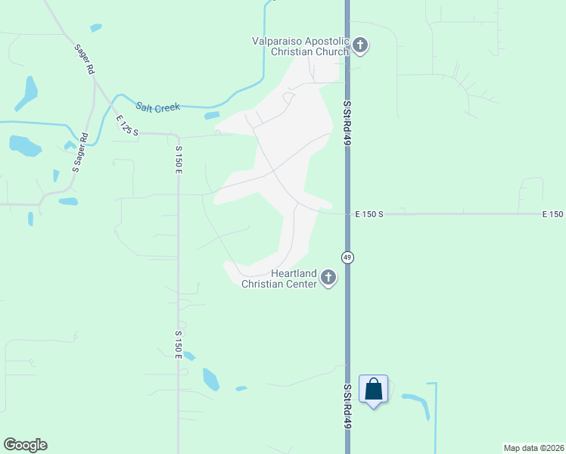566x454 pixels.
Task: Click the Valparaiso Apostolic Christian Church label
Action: click(300, 46)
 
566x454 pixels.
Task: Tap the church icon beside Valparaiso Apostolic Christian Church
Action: click(360, 46)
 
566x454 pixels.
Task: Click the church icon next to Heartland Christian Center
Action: click(328, 278)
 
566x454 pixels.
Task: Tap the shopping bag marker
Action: click(374, 390)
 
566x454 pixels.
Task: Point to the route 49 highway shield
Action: click(347, 257)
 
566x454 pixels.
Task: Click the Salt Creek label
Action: click(157, 107)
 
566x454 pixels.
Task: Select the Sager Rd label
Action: click(84, 58)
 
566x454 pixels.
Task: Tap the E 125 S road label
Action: click(128, 126)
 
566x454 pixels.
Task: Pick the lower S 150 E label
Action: click(179, 344)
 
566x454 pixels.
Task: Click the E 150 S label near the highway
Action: click(370, 214)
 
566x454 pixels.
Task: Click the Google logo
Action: click(25, 445)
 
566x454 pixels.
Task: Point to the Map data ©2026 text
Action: click(533, 447)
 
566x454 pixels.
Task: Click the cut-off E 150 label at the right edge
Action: click(553, 214)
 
